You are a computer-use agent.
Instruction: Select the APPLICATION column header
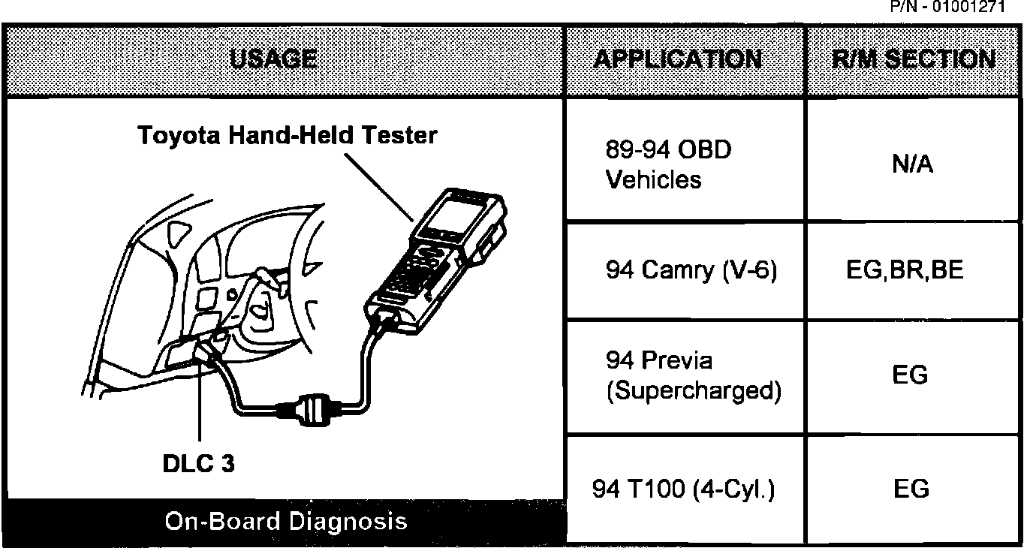tap(677, 59)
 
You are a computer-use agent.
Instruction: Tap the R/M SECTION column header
tap(914, 59)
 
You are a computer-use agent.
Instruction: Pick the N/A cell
tap(912, 164)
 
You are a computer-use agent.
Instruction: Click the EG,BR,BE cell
tap(912, 270)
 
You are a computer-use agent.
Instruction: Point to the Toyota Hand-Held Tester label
tap(287, 136)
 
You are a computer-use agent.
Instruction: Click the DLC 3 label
tap(198, 463)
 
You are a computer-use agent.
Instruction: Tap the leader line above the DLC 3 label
tap(200, 405)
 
